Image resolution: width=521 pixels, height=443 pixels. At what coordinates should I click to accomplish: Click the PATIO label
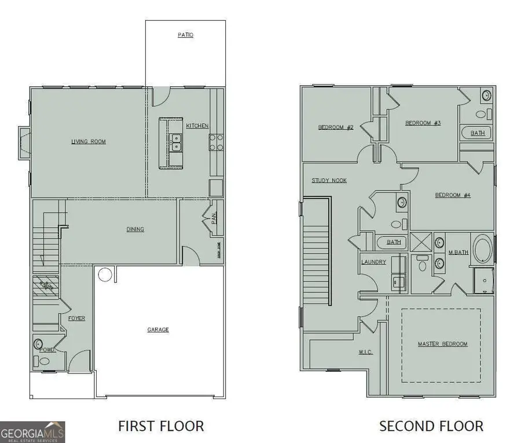coord(185,35)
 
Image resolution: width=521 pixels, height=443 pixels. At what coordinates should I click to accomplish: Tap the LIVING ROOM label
coord(89,142)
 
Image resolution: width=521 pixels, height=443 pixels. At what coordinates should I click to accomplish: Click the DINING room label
coord(135,229)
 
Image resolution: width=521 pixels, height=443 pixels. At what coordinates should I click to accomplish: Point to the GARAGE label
coord(158,329)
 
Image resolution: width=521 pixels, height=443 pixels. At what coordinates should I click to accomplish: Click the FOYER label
coord(76,318)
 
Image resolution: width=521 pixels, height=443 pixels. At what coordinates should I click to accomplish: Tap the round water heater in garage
coord(104,274)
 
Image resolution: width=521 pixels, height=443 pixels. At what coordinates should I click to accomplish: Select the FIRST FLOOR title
coord(161,426)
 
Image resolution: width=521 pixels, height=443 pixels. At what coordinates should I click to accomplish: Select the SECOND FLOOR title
coord(431,426)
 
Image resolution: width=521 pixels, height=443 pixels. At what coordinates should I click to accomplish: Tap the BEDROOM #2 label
coord(336,127)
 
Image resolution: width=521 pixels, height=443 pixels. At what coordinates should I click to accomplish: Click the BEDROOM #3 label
coord(423,123)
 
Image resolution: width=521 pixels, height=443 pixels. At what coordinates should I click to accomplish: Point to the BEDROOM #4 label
coord(453,195)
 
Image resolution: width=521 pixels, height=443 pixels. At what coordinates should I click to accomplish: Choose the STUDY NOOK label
coord(329,181)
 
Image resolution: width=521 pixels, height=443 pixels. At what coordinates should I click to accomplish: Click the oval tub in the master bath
coord(482,249)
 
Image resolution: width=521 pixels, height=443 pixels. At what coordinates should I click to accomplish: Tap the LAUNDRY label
coord(373,262)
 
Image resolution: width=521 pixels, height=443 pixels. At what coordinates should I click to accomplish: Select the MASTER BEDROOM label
coord(442,344)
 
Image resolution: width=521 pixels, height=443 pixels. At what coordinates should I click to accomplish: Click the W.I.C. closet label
coord(365,352)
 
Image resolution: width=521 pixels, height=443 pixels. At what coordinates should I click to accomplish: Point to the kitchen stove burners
coord(217,142)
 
